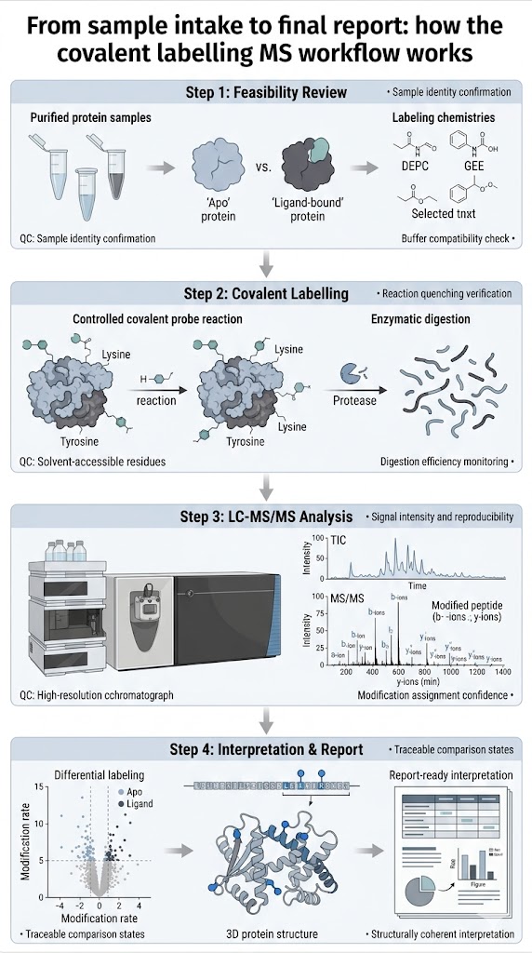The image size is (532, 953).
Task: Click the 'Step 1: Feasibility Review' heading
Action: tap(266, 93)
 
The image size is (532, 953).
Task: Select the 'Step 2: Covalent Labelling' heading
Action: tap(266, 294)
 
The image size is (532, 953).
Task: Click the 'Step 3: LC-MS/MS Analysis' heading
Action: tap(266, 515)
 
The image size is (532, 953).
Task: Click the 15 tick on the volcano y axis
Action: tap(39, 789)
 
